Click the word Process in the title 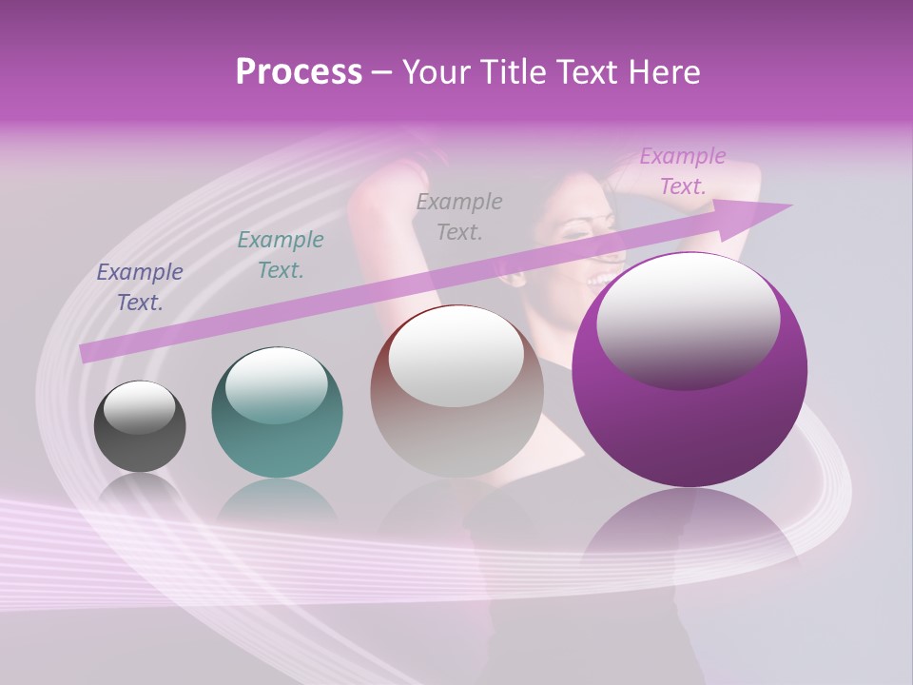coord(299,72)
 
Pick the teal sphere coord(277,447)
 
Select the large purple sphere coord(690,428)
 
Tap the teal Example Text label coord(281,255)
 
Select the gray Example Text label coord(459,216)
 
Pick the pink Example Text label coord(683,171)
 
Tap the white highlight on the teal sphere coord(277,383)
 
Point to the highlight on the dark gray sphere coord(139,406)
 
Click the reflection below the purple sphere coord(690,533)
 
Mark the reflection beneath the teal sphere coord(277,499)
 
